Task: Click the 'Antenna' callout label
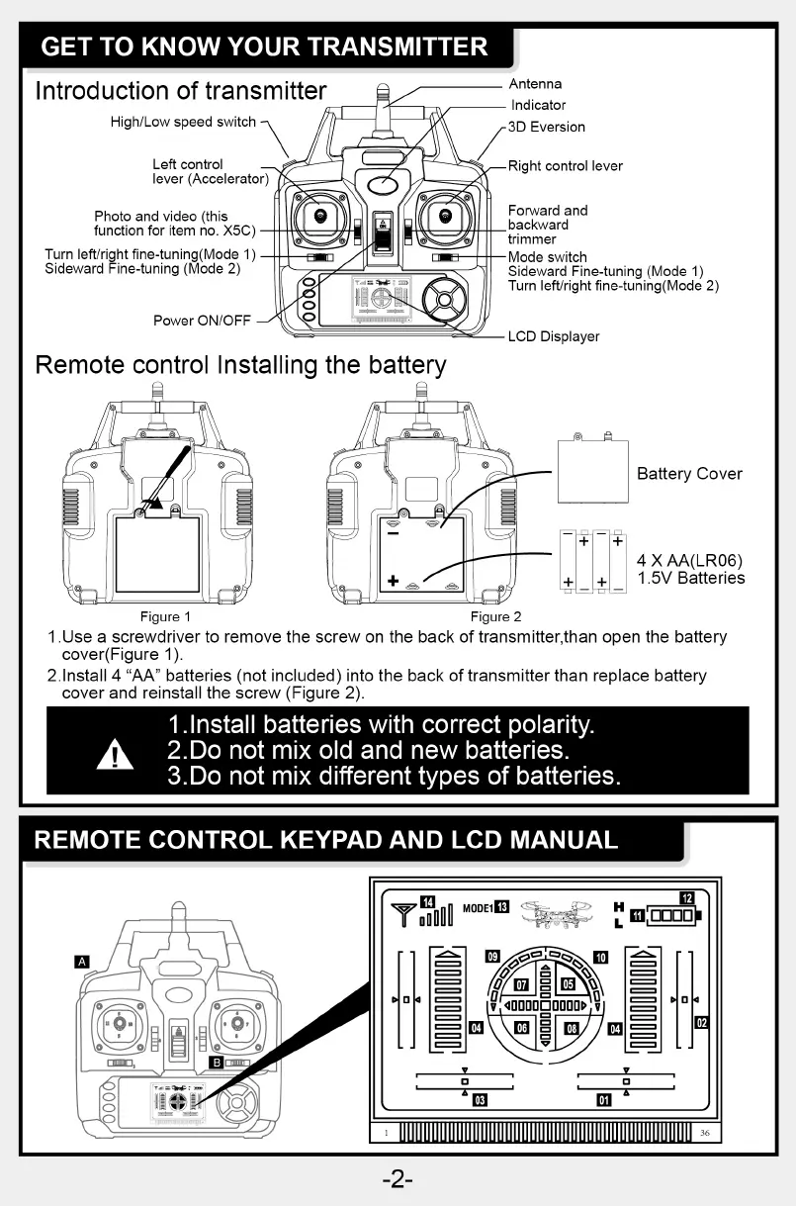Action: point(535,84)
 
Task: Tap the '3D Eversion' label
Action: point(548,127)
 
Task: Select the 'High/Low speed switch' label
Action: point(183,122)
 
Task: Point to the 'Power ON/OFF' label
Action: point(202,321)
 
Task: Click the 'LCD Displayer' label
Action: point(554,336)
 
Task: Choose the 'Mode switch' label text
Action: point(547,257)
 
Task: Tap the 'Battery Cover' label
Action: point(689,474)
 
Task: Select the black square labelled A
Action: point(82,961)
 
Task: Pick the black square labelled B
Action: point(216,1063)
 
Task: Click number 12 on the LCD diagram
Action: point(686,898)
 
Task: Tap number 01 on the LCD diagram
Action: point(603,1099)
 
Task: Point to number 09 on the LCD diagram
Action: point(492,956)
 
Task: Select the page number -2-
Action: point(398,1179)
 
